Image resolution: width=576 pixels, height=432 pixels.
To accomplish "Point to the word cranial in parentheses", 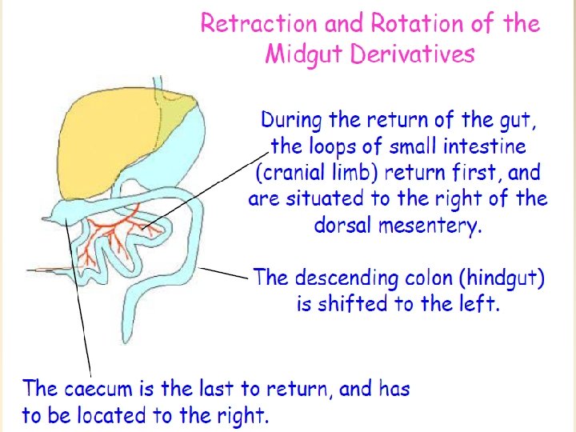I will [x=291, y=173].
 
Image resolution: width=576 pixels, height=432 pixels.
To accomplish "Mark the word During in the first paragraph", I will [x=292, y=121].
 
